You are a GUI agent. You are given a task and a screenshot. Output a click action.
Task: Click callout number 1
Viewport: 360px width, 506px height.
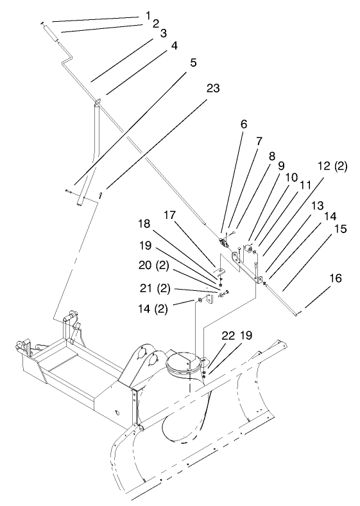(149, 13)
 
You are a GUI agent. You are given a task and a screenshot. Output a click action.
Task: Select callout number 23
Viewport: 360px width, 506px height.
(212, 89)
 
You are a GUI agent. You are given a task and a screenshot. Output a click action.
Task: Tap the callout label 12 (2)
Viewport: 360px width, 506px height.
(332, 166)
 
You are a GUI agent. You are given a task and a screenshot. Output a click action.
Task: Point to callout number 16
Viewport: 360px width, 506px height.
(336, 279)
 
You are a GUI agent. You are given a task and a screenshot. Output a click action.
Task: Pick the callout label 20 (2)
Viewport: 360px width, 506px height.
(153, 265)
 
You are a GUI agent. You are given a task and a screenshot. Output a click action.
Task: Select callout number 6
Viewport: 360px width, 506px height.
(243, 126)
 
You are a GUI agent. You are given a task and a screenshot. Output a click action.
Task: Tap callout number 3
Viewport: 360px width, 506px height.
(164, 32)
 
